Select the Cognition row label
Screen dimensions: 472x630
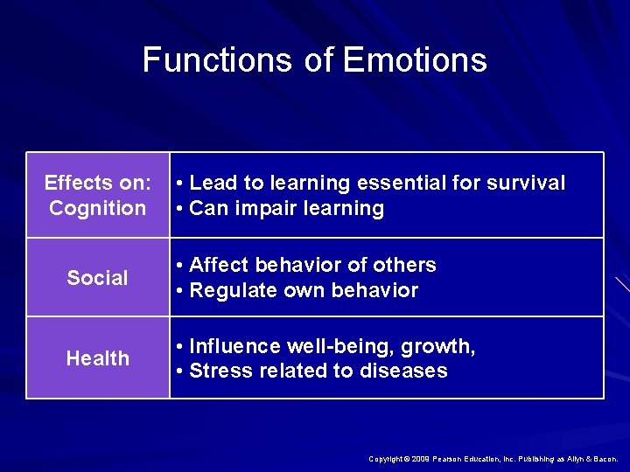tap(97, 208)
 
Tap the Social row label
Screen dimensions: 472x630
tap(97, 278)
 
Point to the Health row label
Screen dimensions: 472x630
tap(97, 358)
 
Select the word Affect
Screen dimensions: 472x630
tap(217, 265)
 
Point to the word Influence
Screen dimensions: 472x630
tap(231, 347)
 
